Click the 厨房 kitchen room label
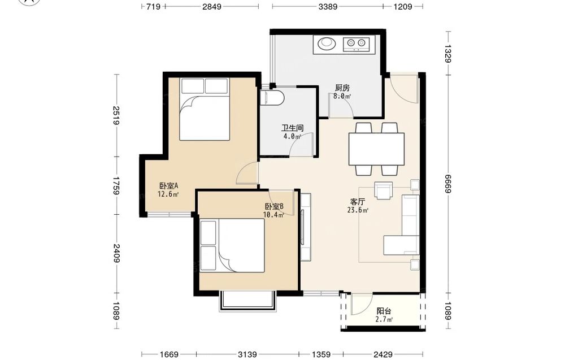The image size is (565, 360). (x=342, y=88)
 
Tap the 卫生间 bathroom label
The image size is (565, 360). (x=292, y=128)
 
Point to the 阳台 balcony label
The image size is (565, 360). (x=384, y=311)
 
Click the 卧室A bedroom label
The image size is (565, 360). (x=168, y=186)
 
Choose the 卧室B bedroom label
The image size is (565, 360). (x=274, y=206)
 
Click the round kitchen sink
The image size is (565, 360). (x=327, y=44)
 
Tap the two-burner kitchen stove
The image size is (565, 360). (x=357, y=44)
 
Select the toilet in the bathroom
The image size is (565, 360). (x=272, y=98)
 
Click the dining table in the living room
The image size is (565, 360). (x=376, y=149)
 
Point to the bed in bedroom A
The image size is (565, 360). (x=205, y=109)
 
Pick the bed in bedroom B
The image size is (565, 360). (x=232, y=245)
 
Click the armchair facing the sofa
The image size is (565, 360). (x=384, y=190)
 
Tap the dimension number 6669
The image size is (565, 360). (x=448, y=184)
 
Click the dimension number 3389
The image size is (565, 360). (x=328, y=6)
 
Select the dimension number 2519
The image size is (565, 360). (x=116, y=115)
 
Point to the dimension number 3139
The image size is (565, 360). (x=247, y=354)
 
